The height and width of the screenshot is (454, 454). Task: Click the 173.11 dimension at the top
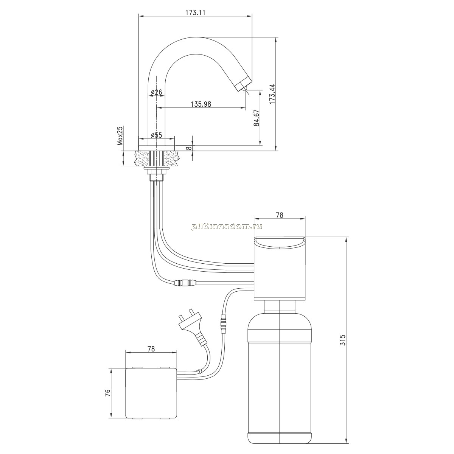coord(196,12)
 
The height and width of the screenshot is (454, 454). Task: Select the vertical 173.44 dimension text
coord(272,94)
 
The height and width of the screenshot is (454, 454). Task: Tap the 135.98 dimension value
coord(201,104)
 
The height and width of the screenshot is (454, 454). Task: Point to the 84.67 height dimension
coord(257,118)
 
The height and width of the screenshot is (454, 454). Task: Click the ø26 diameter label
coord(156,92)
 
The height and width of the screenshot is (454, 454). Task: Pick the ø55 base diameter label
coord(156,135)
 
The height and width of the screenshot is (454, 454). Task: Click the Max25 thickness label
coord(120,136)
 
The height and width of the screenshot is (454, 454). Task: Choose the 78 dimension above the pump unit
coord(280,215)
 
